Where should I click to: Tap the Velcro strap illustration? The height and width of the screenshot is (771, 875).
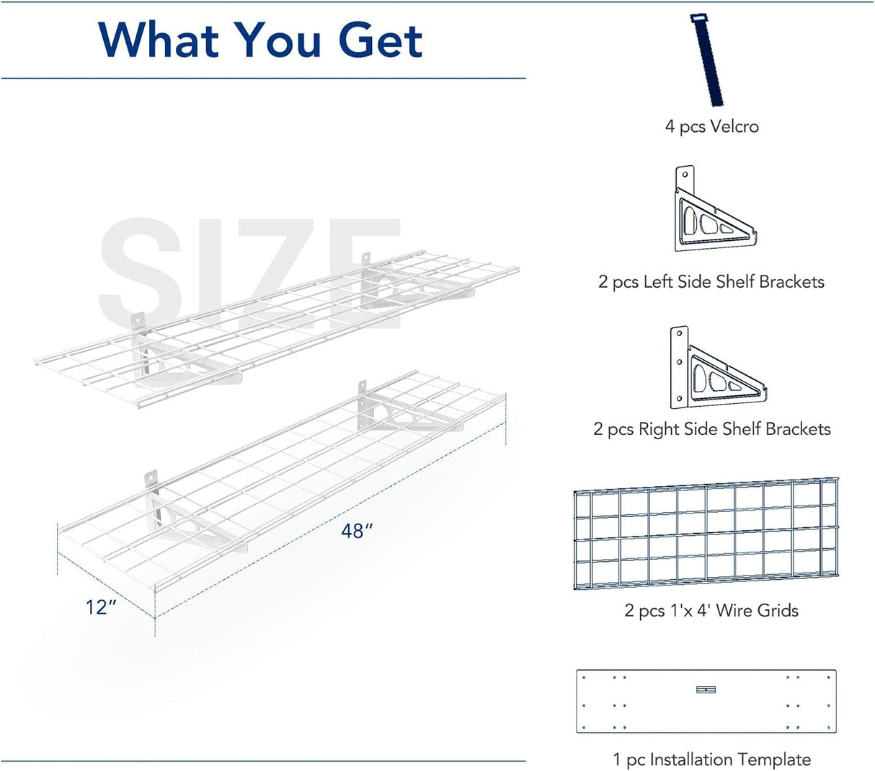(708, 61)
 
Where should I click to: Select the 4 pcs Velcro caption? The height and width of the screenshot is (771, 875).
(711, 127)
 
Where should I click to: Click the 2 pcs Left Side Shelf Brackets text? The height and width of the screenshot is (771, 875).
(711, 282)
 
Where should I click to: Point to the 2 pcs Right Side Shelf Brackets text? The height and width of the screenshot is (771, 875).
(711, 430)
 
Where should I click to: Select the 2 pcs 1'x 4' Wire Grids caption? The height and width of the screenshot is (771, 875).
(711, 611)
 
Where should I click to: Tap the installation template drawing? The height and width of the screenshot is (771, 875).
(706, 701)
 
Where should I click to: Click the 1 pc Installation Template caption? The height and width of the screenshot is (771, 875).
(711, 759)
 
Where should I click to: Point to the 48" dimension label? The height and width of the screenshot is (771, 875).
(357, 532)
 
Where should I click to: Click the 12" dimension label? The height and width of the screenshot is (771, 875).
(101, 608)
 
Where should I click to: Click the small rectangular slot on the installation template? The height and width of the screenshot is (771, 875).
(706, 690)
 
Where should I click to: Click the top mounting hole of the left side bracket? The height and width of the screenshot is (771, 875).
(685, 174)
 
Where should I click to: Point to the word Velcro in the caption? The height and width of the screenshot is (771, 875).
(734, 127)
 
